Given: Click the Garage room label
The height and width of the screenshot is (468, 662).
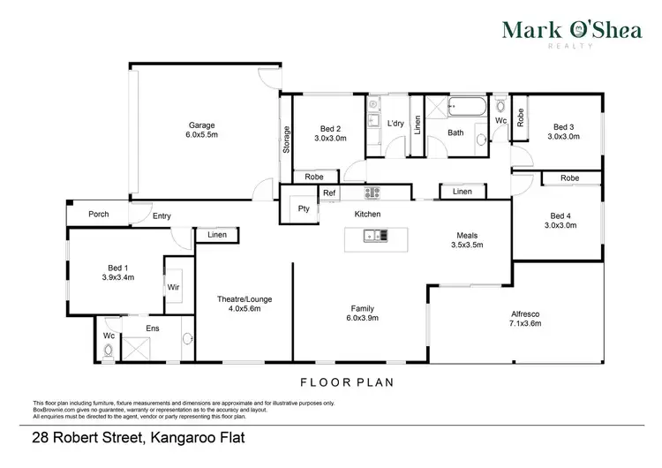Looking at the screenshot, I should tap(201, 131).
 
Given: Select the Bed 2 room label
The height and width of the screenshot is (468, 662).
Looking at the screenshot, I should tap(331, 132).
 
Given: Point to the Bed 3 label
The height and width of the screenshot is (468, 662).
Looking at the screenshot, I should tap(562, 131).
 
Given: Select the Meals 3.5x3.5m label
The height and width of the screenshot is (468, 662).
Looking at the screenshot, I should tap(469, 240).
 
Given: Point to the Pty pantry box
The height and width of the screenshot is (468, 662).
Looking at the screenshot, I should tap(304, 209).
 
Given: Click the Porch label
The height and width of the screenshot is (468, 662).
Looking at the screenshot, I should tap(98, 215).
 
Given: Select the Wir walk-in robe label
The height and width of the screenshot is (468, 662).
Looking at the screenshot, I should tap(174, 287).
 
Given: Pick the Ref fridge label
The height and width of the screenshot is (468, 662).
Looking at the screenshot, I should tap(328, 192).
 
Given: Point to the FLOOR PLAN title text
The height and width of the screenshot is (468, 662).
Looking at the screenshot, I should tap(344, 383).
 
